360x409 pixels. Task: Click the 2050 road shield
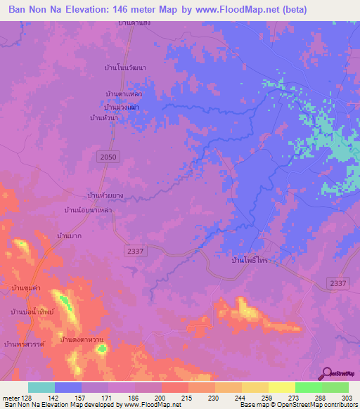pos(108,157)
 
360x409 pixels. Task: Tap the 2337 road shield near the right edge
pos(338,283)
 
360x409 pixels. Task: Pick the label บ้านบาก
pos(70,236)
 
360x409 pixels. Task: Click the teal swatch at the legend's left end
pos(41,387)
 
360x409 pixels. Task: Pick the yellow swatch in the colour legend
pos(282,387)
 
